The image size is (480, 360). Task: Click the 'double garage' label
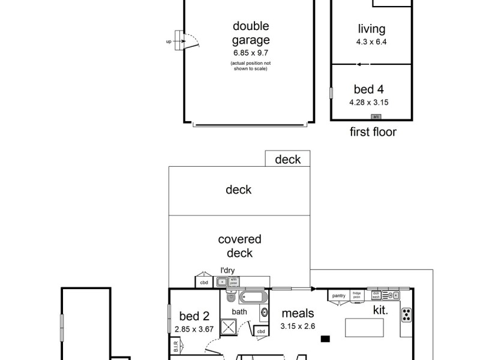point(251,34)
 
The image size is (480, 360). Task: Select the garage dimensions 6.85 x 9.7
point(251,53)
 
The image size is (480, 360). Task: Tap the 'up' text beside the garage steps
point(169,41)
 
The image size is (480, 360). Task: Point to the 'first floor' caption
point(373,132)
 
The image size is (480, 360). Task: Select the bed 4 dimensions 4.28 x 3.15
point(369,102)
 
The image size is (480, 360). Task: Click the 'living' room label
point(371,29)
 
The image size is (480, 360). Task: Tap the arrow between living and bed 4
point(358,64)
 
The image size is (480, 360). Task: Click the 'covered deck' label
point(239,246)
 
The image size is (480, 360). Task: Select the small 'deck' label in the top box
point(287,160)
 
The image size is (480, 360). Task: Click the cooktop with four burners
point(406,314)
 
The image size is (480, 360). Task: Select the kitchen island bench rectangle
point(365,328)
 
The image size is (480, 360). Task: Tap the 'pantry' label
point(339,296)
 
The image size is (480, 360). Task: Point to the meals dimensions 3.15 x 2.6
point(298,326)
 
